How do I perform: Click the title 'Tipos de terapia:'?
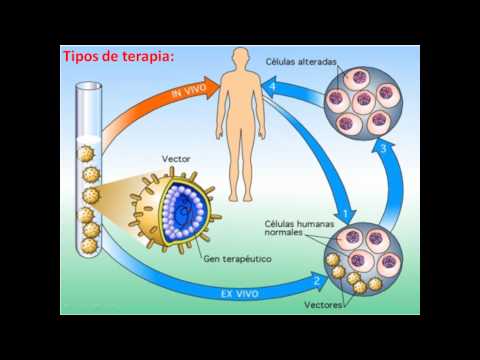coord(119,56)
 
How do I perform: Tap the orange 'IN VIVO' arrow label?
coord(189,90)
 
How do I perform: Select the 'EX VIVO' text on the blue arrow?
coord(240,294)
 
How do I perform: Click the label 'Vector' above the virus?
coord(176,159)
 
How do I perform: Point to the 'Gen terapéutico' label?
coord(237,259)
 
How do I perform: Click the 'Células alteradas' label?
coord(301,62)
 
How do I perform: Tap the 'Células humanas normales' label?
coord(299,228)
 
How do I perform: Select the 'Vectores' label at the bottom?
coord(323,305)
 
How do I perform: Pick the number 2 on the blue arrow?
coord(317,281)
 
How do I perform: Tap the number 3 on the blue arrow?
coord(384,148)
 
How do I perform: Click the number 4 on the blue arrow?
coord(273,87)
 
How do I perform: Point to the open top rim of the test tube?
coord(88,86)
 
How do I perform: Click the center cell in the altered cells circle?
coord(364,101)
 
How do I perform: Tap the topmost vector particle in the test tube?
coord(86,154)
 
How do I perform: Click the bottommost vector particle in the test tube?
coord(89,246)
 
